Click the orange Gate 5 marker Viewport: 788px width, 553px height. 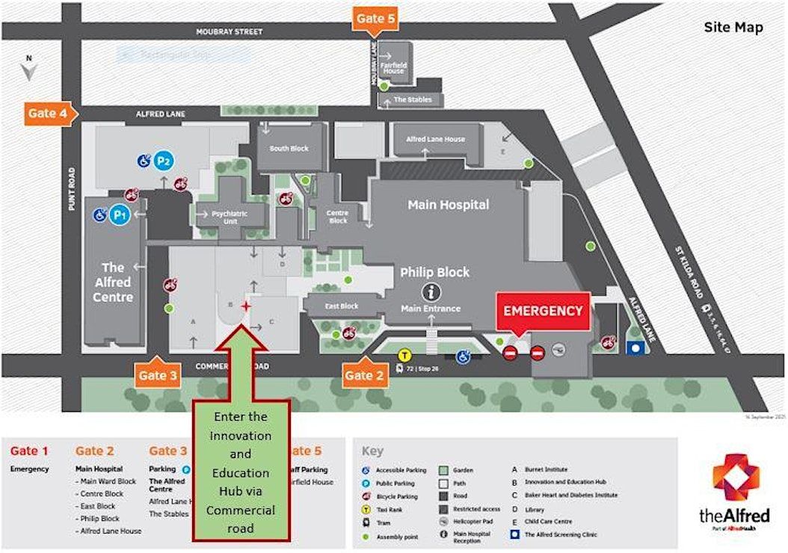[x=375, y=19]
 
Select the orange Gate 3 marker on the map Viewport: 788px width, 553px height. [x=158, y=374]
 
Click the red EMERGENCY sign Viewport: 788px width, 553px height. [x=543, y=311]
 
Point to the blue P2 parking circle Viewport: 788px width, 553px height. [x=164, y=161]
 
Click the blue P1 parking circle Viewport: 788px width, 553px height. [x=119, y=215]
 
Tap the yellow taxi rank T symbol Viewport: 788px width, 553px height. [x=404, y=356]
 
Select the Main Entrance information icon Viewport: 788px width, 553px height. [x=431, y=292]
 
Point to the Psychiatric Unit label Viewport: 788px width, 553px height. [x=228, y=217]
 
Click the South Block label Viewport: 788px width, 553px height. [x=289, y=148]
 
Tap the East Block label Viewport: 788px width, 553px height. [x=342, y=306]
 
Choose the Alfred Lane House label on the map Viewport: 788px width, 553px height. [x=435, y=139]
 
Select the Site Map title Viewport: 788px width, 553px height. [x=733, y=28]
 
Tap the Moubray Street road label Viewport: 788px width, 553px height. [x=229, y=32]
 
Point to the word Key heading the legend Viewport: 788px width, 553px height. [x=372, y=451]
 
